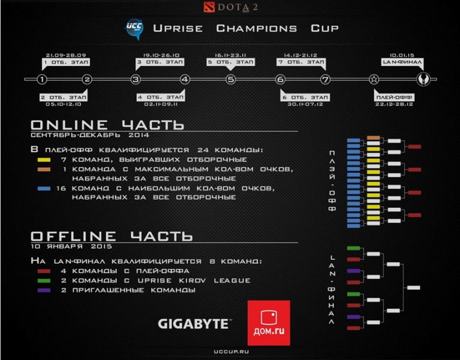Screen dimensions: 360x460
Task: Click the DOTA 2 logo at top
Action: (230, 8)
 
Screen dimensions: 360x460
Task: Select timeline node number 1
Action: (41, 79)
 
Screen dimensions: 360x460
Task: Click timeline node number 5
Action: (231, 79)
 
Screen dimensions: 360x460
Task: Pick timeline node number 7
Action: (325, 79)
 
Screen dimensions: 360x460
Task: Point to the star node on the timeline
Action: (374, 79)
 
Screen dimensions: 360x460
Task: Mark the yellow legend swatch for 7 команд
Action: (43, 161)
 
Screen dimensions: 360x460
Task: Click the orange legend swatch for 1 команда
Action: (43, 170)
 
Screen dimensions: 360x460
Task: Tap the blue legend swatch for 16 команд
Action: (43, 189)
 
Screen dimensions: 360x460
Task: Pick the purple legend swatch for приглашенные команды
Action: (43, 291)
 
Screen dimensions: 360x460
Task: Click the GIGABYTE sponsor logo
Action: (193, 323)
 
